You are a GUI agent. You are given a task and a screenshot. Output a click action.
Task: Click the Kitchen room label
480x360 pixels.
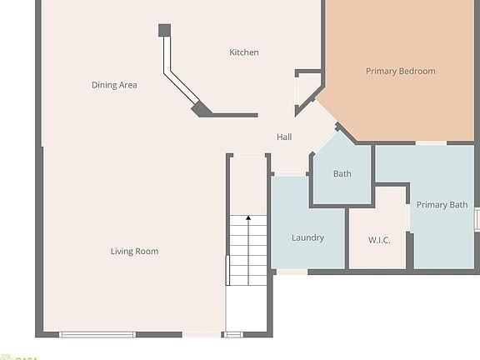[x=244, y=52]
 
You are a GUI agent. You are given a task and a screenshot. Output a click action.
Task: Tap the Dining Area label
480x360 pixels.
[x=114, y=85]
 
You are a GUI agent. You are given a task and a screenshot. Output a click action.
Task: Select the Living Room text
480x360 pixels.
[x=134, y=252]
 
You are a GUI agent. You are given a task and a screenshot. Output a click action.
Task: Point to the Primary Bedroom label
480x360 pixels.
[x=400, y=72]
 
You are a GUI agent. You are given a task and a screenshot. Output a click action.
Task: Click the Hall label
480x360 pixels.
[x=284, y=137]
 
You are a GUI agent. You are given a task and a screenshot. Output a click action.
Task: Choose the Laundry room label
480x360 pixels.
[x=307, y=238]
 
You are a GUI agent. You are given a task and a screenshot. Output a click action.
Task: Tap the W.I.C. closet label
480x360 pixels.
[x=379, y=240]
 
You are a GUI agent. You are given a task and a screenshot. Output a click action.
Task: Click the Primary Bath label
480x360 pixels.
[x=442, y=205]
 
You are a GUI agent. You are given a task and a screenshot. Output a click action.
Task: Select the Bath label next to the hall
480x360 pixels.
[x=342, y=174]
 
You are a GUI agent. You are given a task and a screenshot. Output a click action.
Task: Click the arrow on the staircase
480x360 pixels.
[x=248, y=222]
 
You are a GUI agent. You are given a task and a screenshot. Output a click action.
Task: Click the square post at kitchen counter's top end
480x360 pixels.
[x=164, y=31]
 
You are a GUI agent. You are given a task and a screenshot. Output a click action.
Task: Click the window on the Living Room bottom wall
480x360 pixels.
[x=97, y=334]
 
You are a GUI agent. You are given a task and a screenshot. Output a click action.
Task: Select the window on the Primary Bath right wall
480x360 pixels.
[x=477, y=219]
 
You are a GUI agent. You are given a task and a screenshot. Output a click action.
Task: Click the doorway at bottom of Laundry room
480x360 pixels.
[x=292, y=271]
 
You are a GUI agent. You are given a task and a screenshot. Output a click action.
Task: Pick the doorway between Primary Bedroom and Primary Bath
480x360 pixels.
[x=431, y=143]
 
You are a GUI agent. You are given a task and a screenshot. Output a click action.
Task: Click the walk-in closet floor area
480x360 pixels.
[x=377, y=254]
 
